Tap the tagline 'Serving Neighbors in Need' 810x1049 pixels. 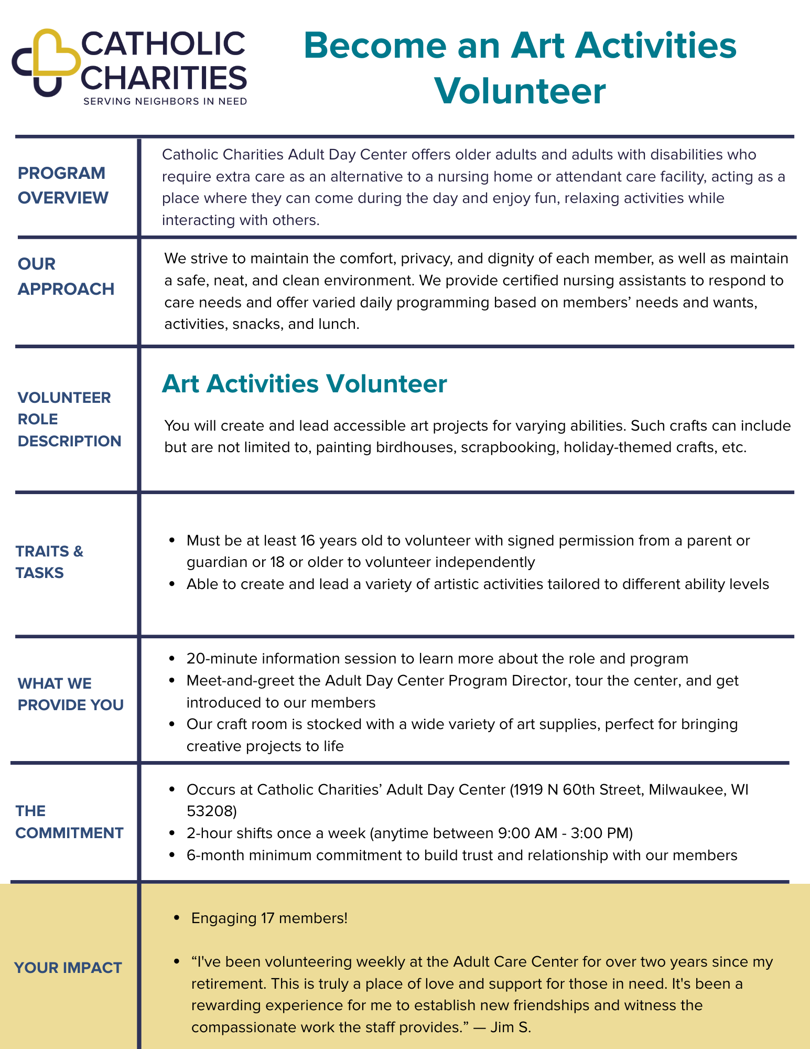165,101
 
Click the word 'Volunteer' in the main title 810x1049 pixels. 520,91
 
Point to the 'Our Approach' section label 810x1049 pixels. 66,276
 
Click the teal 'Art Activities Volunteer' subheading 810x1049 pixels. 304,384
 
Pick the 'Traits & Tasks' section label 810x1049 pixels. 49,562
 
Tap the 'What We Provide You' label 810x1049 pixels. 70,694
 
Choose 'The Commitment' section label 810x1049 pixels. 69,822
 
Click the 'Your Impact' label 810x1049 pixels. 68,968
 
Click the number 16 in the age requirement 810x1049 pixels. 306,540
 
